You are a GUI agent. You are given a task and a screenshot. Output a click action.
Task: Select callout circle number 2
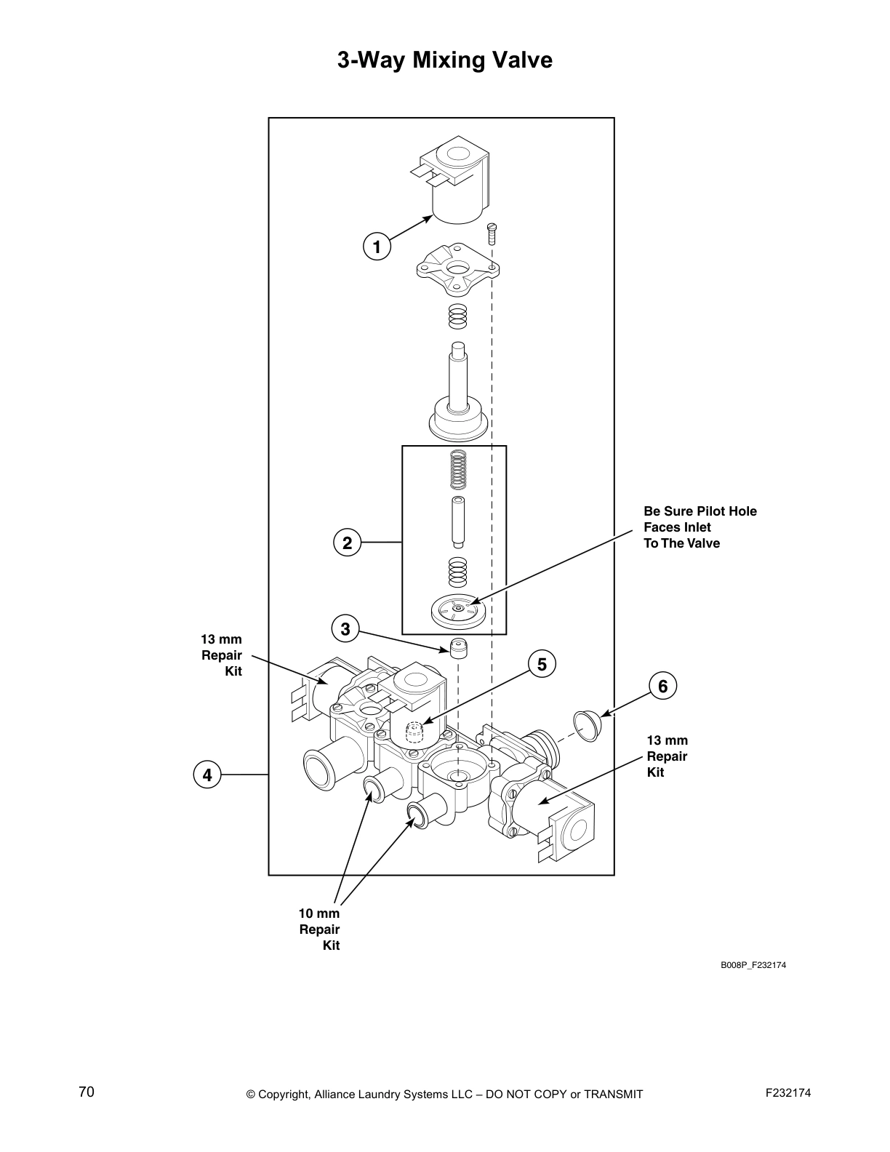(x=347, y=543)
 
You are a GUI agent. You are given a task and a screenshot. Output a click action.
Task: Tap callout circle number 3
(x=345, y=628)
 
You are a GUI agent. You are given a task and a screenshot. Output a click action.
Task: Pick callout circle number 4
(x=207, y=775)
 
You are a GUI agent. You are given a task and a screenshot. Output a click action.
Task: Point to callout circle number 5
(x=542, y=663)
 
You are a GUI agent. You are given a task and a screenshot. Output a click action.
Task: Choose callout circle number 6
(x=662, y=686)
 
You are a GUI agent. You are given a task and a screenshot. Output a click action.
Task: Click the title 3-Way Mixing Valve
(x=444, y=60)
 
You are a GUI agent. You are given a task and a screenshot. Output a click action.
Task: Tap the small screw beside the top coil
(x=492, y=233)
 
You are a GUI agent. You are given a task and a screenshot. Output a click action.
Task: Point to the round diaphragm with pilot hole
(x=456, y=609)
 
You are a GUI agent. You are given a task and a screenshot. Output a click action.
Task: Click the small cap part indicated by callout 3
(x=457, y=647)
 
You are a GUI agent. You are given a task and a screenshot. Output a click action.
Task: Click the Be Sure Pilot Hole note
(x=699, y=527)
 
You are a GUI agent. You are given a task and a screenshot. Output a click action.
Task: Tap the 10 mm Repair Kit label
(x=320, y=929)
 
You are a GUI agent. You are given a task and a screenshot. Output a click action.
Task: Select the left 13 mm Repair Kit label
(x=222, y=655)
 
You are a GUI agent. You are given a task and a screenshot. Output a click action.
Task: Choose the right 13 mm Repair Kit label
(x=667, y=756)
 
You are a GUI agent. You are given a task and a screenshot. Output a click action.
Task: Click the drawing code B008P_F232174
(x=753, y=965)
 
